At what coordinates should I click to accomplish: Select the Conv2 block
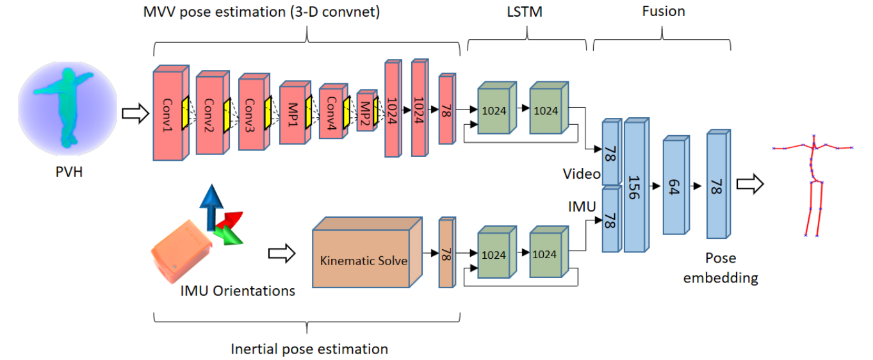click(x=209, y=116)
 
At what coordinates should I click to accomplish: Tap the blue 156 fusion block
click(x=634, y=187)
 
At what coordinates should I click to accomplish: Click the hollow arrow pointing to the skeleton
click(x=749, y=184)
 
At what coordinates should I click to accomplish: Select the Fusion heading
click(x=663, y=11)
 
